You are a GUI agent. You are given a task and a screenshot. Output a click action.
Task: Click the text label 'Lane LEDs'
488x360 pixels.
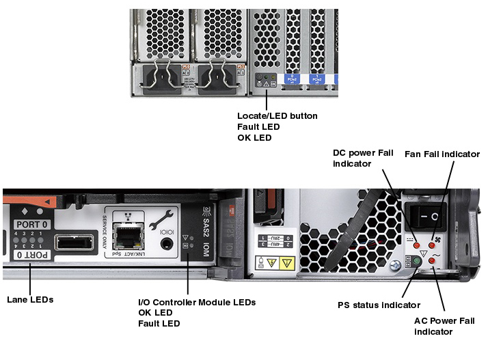click(x=29, y=299)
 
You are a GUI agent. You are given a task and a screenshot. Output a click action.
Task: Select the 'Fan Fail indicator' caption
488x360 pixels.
click(x=442, y=154)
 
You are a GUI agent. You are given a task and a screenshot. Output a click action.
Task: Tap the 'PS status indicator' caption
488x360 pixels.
click(x=379, y=305)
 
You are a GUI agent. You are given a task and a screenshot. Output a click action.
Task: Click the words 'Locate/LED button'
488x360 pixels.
click(x=277, y=116)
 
